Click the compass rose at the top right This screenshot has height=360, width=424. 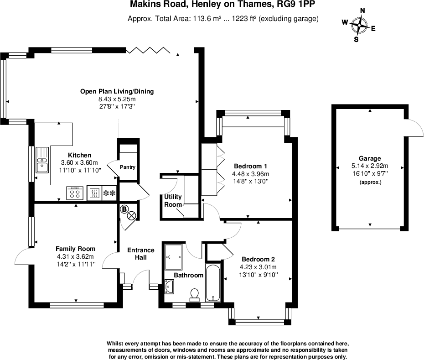click(x=361, y=26)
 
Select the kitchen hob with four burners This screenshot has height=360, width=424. click(x=76, y=193)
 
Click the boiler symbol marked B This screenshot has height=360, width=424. click(x=124, y=209)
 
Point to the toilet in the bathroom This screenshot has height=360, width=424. click(x=195, y=294)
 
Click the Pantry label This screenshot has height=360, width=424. click(x=128, y=167)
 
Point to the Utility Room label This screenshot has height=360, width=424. click(x=173, y=200)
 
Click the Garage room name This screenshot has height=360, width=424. click(x=369, y=158)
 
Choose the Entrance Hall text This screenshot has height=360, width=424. click(x=140, y=254)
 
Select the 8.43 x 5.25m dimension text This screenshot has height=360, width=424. click(x=117, y=99)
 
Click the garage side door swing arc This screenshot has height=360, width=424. click(x=412, y=128)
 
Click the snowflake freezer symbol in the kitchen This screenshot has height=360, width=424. click(x=109, y=193)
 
